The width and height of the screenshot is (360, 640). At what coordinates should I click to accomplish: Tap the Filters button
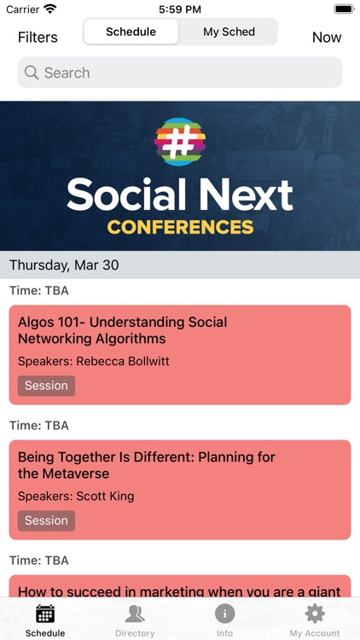coord(38,38)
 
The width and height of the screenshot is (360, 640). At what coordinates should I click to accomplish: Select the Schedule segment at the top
coord(131,32)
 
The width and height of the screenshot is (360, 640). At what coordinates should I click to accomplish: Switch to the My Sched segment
coord(229,32)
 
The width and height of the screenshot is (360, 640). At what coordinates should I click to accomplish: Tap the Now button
coord(326,38)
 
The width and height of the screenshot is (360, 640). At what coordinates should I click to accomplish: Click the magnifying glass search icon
coord(32,73)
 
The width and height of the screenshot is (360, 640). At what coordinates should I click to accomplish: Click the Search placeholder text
coord(67,73)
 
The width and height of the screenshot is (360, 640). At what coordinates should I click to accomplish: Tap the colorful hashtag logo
coord(180,142)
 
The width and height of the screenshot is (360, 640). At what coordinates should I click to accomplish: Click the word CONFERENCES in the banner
coord(180,227)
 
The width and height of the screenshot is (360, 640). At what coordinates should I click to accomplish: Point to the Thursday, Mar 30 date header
coord(64,265)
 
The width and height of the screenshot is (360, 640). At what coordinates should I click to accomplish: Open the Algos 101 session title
coord(122,330)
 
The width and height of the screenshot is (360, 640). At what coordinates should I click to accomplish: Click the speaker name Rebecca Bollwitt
coord(123,361)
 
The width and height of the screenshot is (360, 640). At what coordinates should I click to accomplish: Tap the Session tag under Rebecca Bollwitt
coord(46,386)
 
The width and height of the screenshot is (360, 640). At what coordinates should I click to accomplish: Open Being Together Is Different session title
coord(146,465)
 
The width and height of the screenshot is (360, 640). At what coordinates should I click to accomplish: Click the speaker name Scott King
coord(105,496)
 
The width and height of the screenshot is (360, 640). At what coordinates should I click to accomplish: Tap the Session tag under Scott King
coord(46,521)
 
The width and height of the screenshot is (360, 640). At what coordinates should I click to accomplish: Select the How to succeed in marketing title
coord(179,591)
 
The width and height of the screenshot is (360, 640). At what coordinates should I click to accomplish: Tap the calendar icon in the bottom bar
coord(45,614)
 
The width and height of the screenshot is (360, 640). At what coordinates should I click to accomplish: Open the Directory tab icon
coord(135,614)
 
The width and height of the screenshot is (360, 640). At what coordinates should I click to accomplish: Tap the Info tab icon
coord(224,614)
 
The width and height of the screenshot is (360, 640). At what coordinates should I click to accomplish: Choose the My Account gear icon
coord(315,614)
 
